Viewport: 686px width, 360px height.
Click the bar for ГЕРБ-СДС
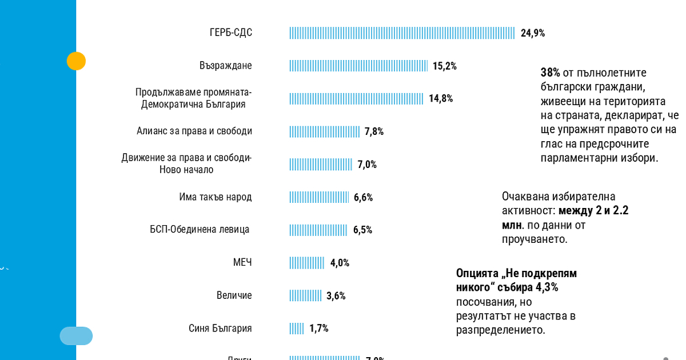[402, 33]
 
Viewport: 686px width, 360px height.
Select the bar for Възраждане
[358, 66]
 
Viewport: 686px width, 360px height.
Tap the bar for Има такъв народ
[319, 197]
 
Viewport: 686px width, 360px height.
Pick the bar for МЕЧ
[307, 263]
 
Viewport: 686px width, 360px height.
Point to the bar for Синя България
[297, 329]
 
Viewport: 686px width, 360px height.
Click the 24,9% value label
[533, 33]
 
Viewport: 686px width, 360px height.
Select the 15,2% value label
[444, 66]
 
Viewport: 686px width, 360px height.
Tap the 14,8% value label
[441, 98]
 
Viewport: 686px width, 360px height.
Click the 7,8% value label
[374, 131]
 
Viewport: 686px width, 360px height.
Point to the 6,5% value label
[362, 230]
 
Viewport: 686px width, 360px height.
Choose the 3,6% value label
[336, 296]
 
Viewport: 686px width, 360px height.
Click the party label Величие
[234, 295]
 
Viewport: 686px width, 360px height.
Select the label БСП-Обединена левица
[200, 230]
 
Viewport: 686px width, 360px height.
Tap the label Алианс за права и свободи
[194, 131]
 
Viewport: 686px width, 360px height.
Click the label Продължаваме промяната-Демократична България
[193, 98]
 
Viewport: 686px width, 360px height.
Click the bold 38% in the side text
[550, 73]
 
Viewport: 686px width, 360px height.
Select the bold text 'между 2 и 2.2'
[593, 210]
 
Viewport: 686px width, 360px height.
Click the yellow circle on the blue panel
[76, 61]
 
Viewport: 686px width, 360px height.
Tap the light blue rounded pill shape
[76, 336]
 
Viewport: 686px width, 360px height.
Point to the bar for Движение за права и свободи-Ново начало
[321, 165]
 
